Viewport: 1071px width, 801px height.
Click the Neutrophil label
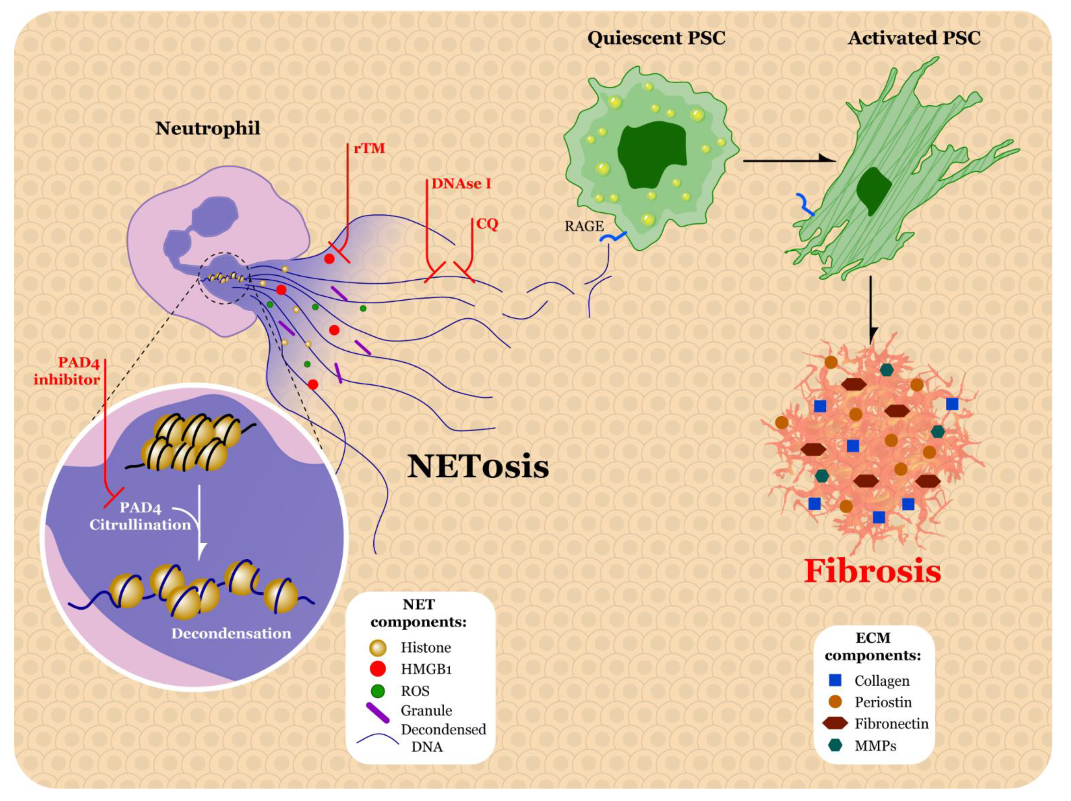(208, 128)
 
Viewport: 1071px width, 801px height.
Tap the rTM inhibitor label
(369, 148)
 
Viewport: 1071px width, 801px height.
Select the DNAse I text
(461, 184)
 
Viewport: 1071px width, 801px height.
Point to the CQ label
(487, 224)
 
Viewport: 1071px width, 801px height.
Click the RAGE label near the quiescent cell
(584, 226)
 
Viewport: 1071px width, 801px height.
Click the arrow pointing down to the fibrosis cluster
(871, 310)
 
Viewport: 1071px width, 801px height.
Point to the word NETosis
(478, 467)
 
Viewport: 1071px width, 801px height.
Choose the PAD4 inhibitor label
(66, 371)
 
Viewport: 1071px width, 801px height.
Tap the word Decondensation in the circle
(231, 634)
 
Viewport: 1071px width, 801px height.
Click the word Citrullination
(140, 525)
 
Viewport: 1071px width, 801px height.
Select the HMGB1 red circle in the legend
(377, 669)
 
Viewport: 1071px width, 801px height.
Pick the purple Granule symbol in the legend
(378, 712)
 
